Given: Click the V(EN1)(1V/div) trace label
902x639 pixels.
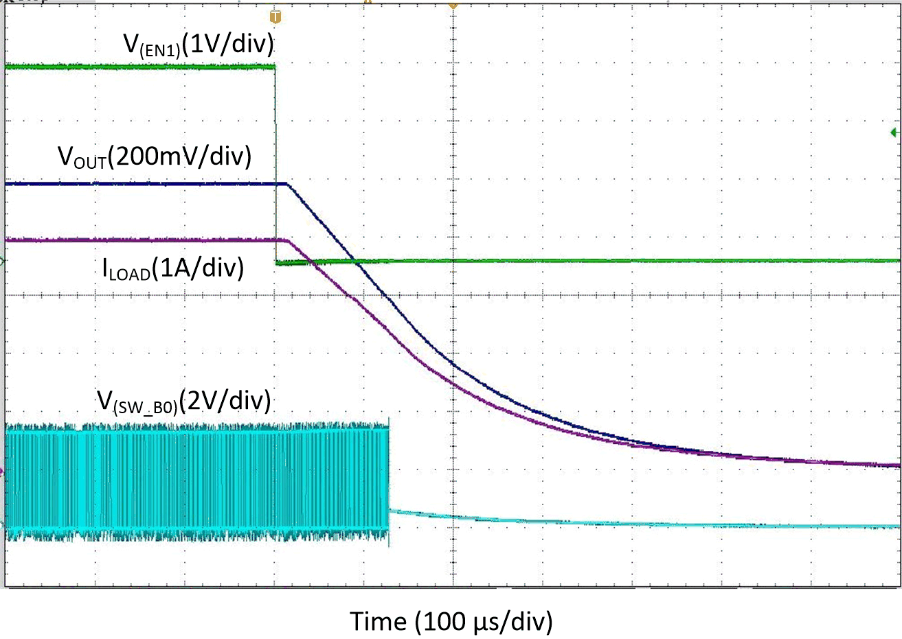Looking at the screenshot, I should pos(199,45).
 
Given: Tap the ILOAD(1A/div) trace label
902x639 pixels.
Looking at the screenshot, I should pos(173,268).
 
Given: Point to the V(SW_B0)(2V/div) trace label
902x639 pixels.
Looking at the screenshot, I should pos(183,400).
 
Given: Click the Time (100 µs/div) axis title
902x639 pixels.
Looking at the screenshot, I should pos(451,621).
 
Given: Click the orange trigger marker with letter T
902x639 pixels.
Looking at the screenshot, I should pos(276,16).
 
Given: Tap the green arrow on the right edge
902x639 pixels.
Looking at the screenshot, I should pos(894,132).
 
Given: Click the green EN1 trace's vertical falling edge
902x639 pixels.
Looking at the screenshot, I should pos(275,165).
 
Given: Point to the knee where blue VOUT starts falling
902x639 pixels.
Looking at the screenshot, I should pos(286,184).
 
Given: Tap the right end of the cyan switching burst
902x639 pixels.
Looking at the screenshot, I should pos(388,480).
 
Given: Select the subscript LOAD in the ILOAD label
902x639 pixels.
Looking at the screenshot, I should pos(131,274).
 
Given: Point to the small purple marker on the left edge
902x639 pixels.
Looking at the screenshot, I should pos(2,471).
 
